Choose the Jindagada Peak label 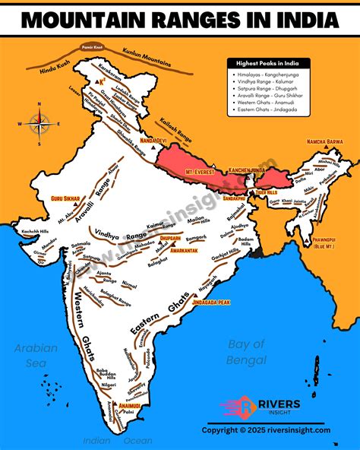tap(212, 303)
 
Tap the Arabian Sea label tap(36, 355)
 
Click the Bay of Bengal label tap(247, 350)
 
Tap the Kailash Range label tap(175, 130)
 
